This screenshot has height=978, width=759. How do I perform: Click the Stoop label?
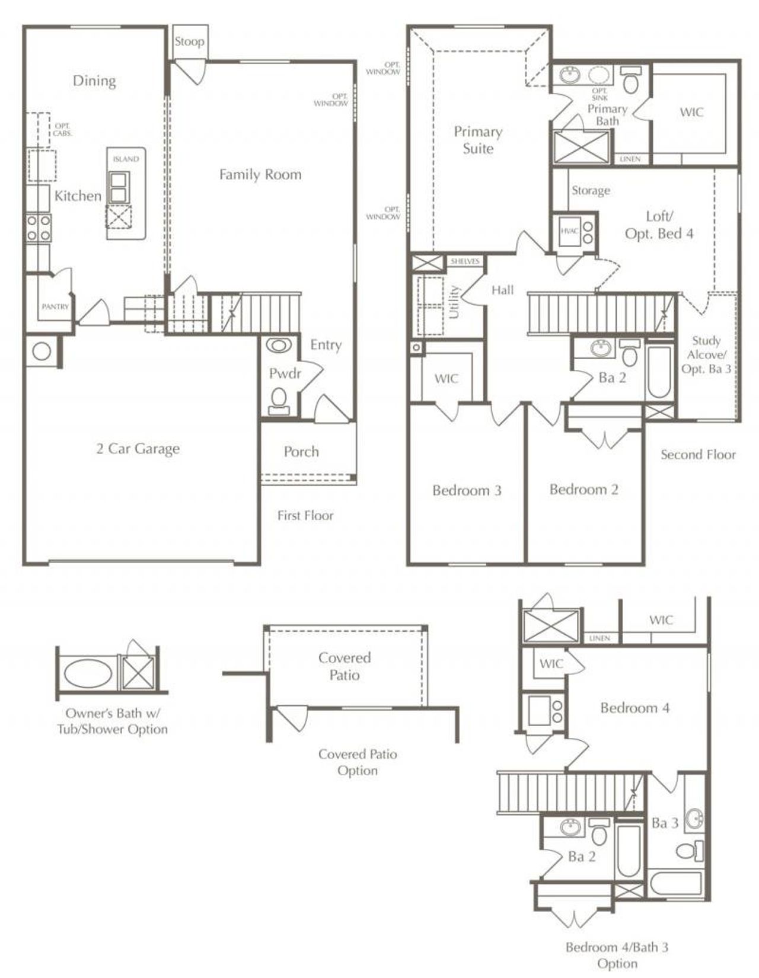tap(189, 42)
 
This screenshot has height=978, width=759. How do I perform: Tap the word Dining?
tap(94, 81)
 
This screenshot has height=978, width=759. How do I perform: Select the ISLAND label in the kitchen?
tap(126, 159)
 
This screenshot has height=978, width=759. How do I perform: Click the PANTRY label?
tap(55, 306)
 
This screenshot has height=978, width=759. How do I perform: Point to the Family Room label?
tap(260, 174)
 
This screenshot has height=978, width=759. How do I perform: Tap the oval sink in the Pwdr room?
tap(279, 346)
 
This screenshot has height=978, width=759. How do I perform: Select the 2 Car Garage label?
tap(138, 449)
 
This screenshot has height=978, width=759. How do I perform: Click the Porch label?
tap(301, 452)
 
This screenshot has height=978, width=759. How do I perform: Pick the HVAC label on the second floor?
tap(569, 231)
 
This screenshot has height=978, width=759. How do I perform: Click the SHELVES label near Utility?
tap(465, 261)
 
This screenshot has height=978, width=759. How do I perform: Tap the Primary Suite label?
tap(478, 140)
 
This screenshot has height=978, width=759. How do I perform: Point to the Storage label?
tap(591, 190)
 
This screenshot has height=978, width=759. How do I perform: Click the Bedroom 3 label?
tap(467, 490)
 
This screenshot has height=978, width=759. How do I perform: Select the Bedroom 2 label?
tap(584, 489)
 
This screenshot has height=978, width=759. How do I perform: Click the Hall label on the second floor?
tap(502, 290)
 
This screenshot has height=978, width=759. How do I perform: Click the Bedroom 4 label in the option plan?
tap(634, 708)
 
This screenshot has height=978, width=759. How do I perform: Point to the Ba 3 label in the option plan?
tap(665, 823)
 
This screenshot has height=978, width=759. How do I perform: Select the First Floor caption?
tap(305, 515)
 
